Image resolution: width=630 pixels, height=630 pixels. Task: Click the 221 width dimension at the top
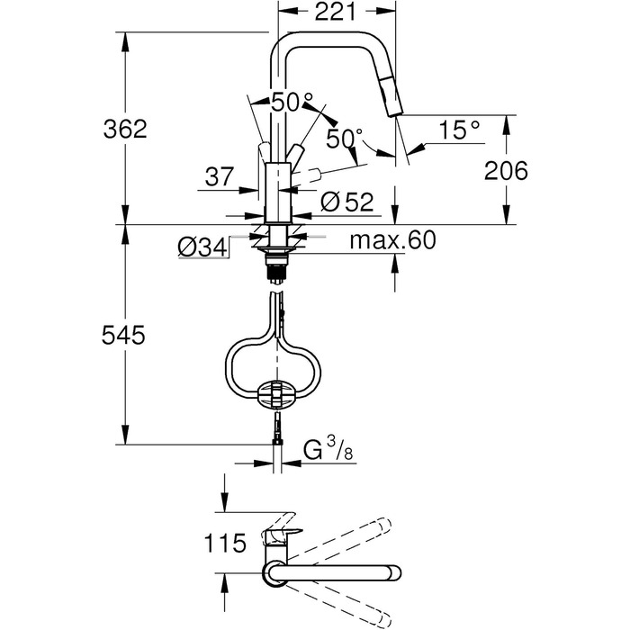(x=335, y=11)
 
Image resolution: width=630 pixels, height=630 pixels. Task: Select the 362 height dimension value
(x=125, y=129)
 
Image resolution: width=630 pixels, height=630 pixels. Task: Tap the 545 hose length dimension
(x=123, y=335)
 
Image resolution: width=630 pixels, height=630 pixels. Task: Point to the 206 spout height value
(x=506, y=171)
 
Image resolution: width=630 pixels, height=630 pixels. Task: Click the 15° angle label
(x=459, y=130)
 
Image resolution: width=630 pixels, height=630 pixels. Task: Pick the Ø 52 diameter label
(x=347, y=202)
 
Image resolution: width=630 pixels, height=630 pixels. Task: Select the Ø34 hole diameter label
(x=202, y=247)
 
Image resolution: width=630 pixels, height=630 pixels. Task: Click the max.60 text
(x=392, y=240)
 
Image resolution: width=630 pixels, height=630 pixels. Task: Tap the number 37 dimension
(x=220, y=176)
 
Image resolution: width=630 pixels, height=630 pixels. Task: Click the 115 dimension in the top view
(x=225, y=543)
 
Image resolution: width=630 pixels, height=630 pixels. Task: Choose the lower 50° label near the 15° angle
(x=345, y=139)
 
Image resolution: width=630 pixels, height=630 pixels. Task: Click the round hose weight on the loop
(x=277, y=394)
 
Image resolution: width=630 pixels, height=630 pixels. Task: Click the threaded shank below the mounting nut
(x=276, y=270)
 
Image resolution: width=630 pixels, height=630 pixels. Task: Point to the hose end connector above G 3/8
(x=277, y=429)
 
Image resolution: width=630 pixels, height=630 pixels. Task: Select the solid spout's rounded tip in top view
(x=393, y=572)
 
